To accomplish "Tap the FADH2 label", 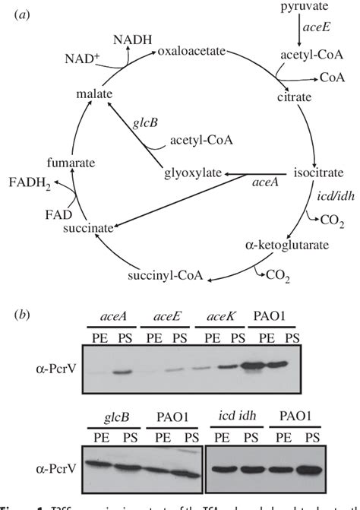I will click(30, 181).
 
